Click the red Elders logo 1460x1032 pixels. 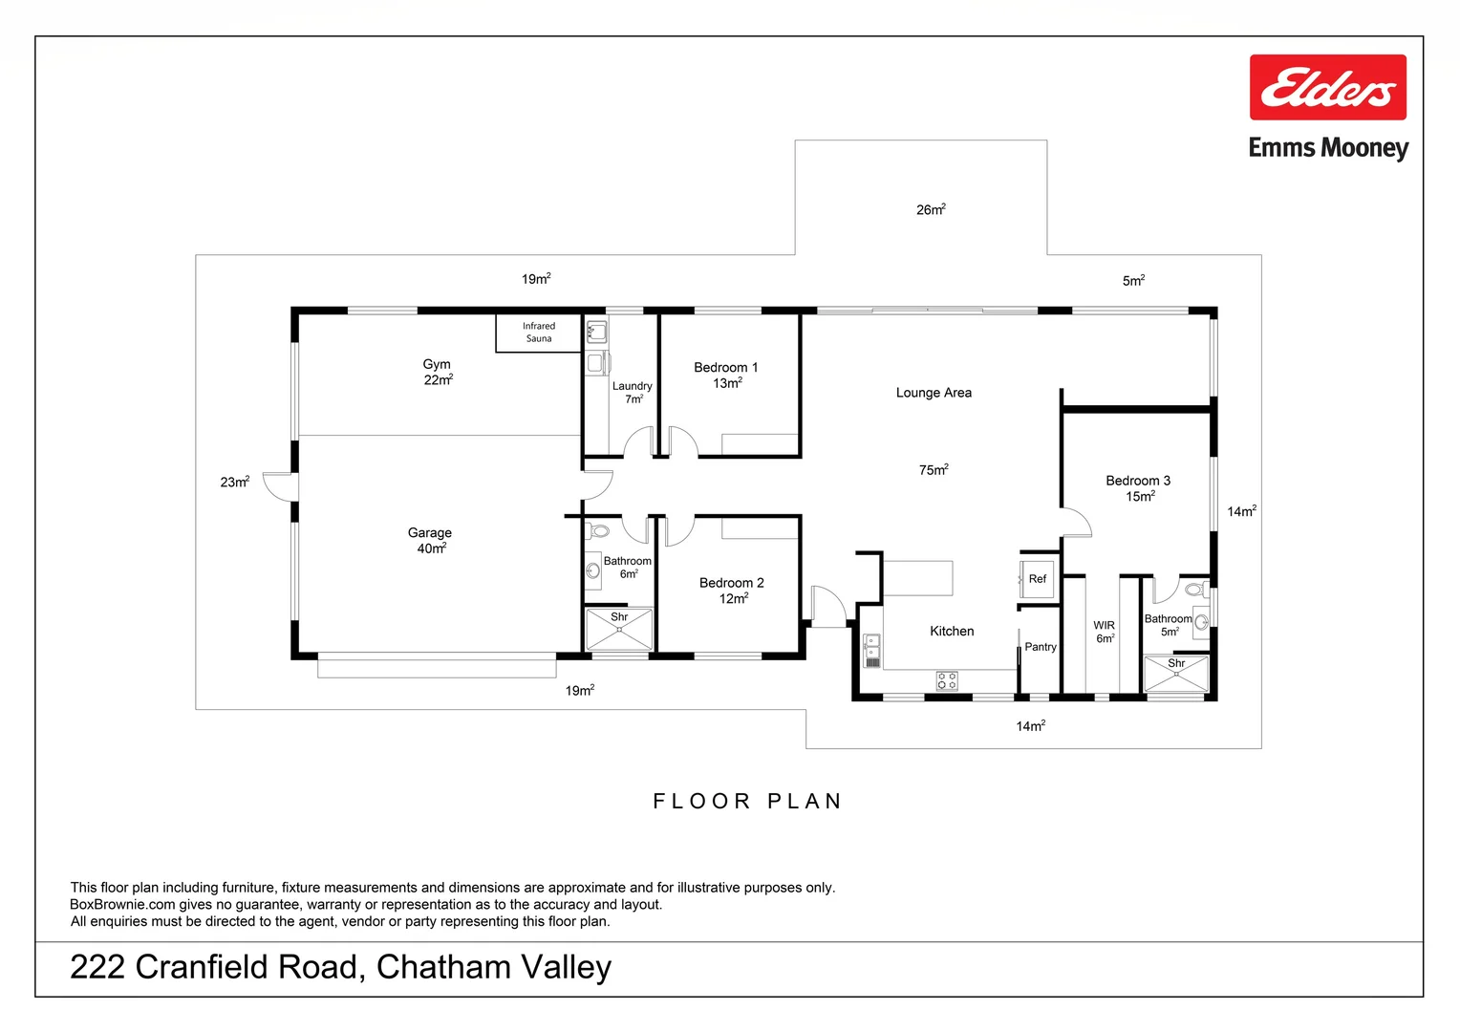pos(1327,87)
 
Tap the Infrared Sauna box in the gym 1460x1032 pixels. pos(538,333)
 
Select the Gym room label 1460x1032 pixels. pos(437,372)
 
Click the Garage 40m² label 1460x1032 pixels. pos(429,540)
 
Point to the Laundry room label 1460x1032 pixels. pos(632,392)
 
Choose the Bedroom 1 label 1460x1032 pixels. pos(725,375)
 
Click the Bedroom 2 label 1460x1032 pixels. pos(731,590)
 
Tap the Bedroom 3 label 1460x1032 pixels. pos(1137,487)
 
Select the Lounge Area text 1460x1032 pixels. pos(933,393)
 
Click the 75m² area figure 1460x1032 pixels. pos(933,469)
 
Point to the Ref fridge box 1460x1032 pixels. pos(1038,579)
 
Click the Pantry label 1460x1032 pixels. pos(1040,647)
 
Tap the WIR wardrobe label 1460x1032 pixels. pos(1104,632)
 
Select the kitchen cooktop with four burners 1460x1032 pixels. pos(947,681)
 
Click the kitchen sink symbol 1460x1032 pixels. pos(871,651)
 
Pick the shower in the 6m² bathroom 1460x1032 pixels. pos(619,631)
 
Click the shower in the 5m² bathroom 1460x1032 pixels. pos(1176,675)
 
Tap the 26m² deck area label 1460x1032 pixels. pos(930,209)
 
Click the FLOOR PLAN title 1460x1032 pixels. pos(747,801)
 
